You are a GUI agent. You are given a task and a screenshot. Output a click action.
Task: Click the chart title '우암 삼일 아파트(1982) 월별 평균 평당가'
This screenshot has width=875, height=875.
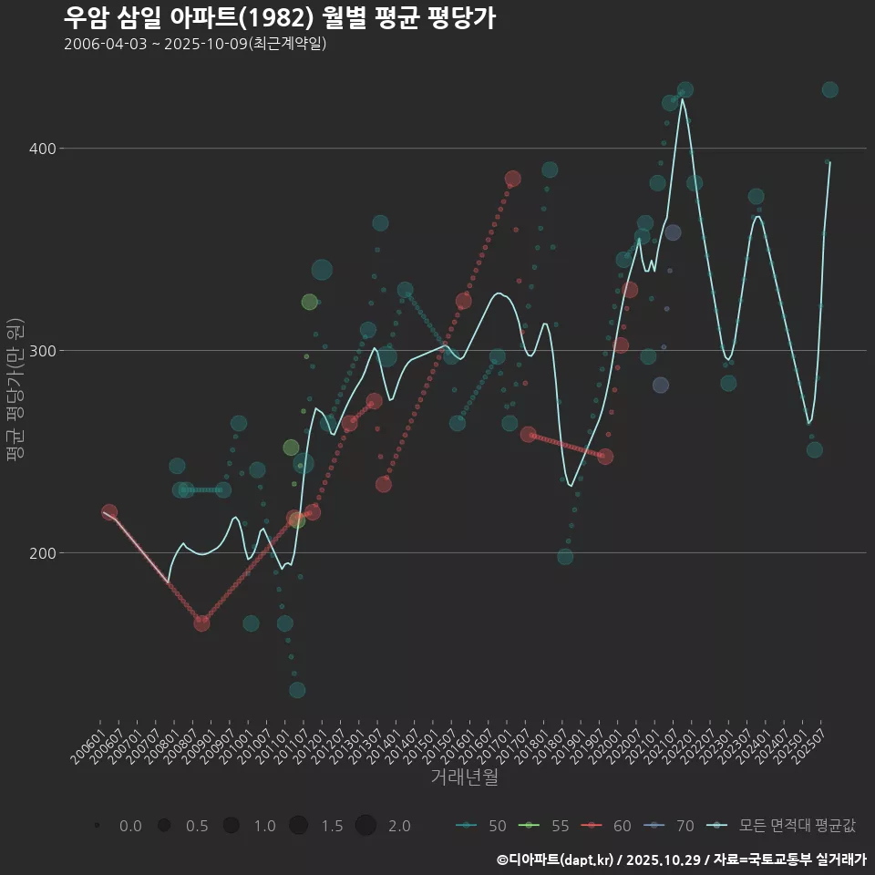click(280, 18)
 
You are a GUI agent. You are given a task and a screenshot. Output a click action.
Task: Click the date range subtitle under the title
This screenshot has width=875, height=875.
click(195, 44)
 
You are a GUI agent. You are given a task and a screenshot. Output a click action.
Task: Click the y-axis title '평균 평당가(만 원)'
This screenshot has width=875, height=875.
click(15, 392)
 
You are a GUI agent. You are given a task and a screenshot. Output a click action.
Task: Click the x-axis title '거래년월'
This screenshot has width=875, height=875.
click(464, 777)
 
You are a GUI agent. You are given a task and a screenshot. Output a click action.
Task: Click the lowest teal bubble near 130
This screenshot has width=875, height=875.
click(297, 690)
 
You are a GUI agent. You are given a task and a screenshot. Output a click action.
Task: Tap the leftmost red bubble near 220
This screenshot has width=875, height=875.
click(109, 512)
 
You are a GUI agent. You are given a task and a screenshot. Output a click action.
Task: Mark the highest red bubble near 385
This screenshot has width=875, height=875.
click(513, 179)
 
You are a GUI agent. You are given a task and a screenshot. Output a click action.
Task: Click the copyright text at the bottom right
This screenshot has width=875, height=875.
click(681, 859)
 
